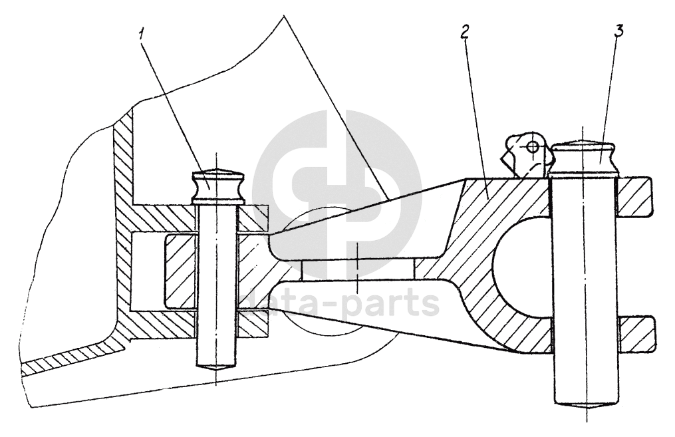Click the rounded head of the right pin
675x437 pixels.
[x=584, y=157]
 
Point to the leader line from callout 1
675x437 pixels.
[x=174, y=106]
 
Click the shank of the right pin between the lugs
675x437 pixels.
[x=584, y=266]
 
